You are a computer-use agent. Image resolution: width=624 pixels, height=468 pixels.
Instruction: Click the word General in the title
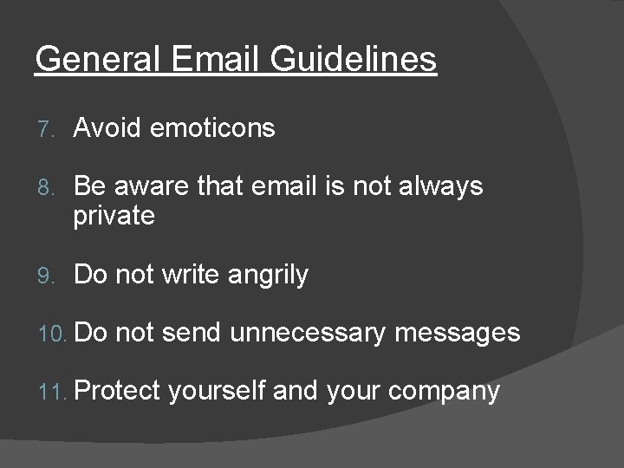[93, 61]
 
